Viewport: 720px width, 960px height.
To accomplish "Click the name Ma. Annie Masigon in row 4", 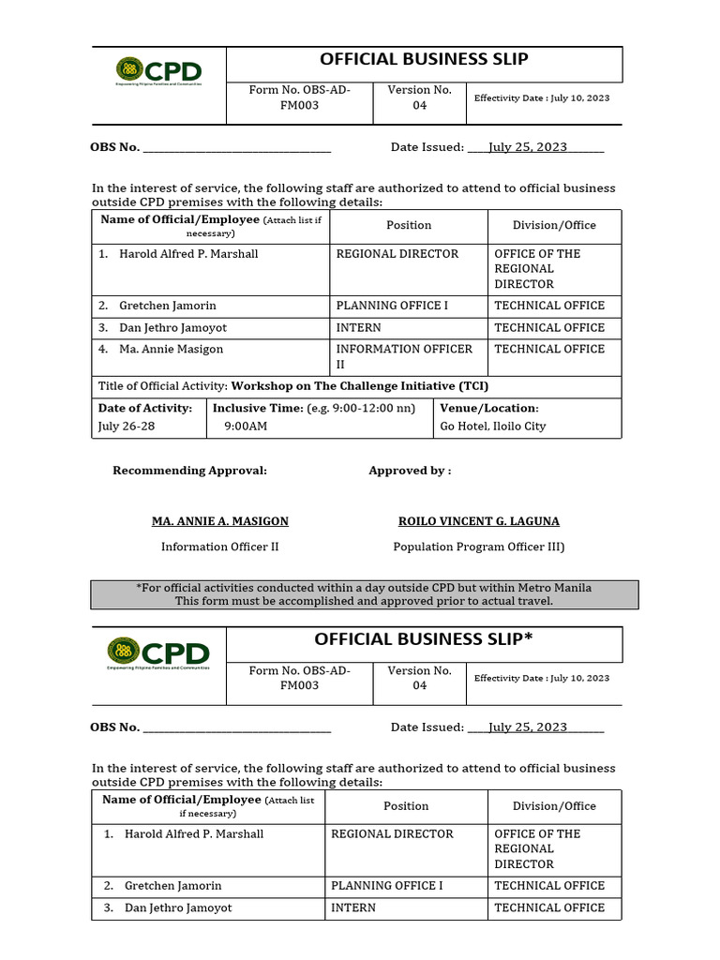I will (x=171, y=349).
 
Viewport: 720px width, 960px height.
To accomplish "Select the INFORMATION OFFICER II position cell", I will (x=404, y=356).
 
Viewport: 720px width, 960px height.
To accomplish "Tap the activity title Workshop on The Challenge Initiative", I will (x=360, y=386).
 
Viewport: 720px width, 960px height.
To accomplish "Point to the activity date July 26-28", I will (x=127, y=426).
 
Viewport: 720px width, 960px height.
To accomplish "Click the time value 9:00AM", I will (x=246, y=426).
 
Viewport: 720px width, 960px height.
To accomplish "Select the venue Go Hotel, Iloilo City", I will (x=493, y=426).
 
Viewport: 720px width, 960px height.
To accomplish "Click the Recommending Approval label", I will (x=189, y=471).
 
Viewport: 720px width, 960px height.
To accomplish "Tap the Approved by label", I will (x=410, y=471).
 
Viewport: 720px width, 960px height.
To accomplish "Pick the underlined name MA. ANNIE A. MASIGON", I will (x=220, y=521).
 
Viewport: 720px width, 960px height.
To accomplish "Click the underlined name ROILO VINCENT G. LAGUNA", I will (x=479, y=521).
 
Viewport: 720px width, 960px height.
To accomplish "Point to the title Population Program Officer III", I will (x=478, y=547).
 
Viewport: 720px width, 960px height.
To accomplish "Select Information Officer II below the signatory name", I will (x=220, y=547).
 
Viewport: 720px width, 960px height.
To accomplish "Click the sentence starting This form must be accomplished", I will (x=364, y=601).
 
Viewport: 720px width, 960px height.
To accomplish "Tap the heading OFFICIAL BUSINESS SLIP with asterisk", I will (x=424, y=639).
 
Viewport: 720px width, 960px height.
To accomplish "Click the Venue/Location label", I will (x=489, y=408).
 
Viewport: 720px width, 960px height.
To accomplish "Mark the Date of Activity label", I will (x=145, y=408).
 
